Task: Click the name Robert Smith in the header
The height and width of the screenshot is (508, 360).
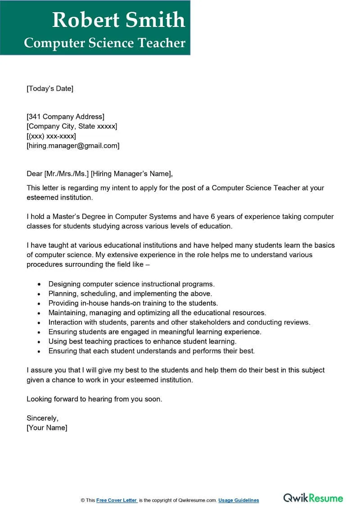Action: pos(118,20)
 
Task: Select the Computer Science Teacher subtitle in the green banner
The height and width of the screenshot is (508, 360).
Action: pos(104,43)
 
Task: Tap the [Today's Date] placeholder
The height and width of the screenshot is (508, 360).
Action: pos(49,89)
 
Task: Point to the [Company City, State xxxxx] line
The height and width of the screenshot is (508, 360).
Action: pos(72,126)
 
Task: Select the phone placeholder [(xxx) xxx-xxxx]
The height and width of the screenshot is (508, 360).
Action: pos(51,136)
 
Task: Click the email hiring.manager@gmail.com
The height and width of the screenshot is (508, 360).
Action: pos(73,145)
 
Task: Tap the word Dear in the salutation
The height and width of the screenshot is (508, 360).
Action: pos(34,174)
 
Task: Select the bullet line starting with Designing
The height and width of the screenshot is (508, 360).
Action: pos(131,284)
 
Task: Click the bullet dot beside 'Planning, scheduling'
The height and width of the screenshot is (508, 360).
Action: pos(40,294)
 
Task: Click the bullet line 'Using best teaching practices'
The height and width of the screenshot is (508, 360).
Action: pos(143,341)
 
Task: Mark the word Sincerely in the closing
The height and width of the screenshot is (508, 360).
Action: pos(42,418)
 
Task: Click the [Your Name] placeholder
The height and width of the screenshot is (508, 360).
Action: pos(47,428)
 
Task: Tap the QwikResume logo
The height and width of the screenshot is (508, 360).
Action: pos(313,498)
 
